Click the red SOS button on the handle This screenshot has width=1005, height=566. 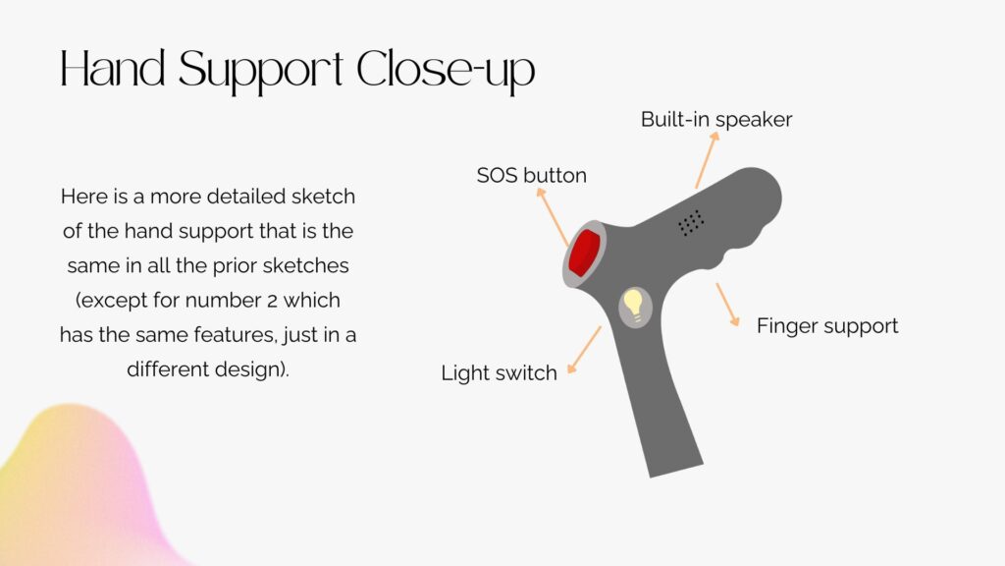(584, 254)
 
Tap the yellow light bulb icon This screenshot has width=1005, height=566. (633, 305)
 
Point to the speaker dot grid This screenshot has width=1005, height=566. (691, 223)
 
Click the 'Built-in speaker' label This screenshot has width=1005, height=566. (715, 119)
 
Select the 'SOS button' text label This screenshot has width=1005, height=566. (531, 175)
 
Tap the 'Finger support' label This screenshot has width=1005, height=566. (826, 326)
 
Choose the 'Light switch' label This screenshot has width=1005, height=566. (499, 372)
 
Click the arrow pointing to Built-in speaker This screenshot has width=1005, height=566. (707, 160)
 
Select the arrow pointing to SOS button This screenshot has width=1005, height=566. (553, 217)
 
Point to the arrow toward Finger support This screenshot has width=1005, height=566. (728, 305)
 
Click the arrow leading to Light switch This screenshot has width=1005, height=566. (584, 350)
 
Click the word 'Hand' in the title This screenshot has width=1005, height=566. (113, 68)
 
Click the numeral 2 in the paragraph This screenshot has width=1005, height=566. (273, 301)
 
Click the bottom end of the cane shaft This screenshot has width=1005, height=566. (677, 471)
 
